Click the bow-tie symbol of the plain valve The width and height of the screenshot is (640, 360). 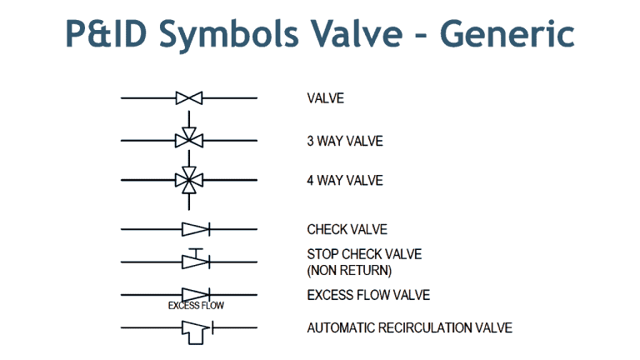(189, 98)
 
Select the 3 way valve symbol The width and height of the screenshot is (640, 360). (189, 139)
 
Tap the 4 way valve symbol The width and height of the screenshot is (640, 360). (189, 179)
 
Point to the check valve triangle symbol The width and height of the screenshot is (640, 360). (194, 228)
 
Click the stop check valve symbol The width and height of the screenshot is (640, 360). (195, 261)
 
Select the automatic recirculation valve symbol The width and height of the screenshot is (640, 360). (195, 329)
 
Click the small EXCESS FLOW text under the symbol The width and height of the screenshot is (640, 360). (196, 306)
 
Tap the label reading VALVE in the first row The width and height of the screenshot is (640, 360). (325, 98)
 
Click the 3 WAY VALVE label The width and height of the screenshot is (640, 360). (344, 142)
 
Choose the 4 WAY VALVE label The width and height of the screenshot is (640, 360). (344, 180)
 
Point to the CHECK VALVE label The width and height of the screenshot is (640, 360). (347, 229)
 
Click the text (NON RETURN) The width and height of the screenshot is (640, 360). (349, 270)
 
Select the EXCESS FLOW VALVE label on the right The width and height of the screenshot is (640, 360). (368, 295)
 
